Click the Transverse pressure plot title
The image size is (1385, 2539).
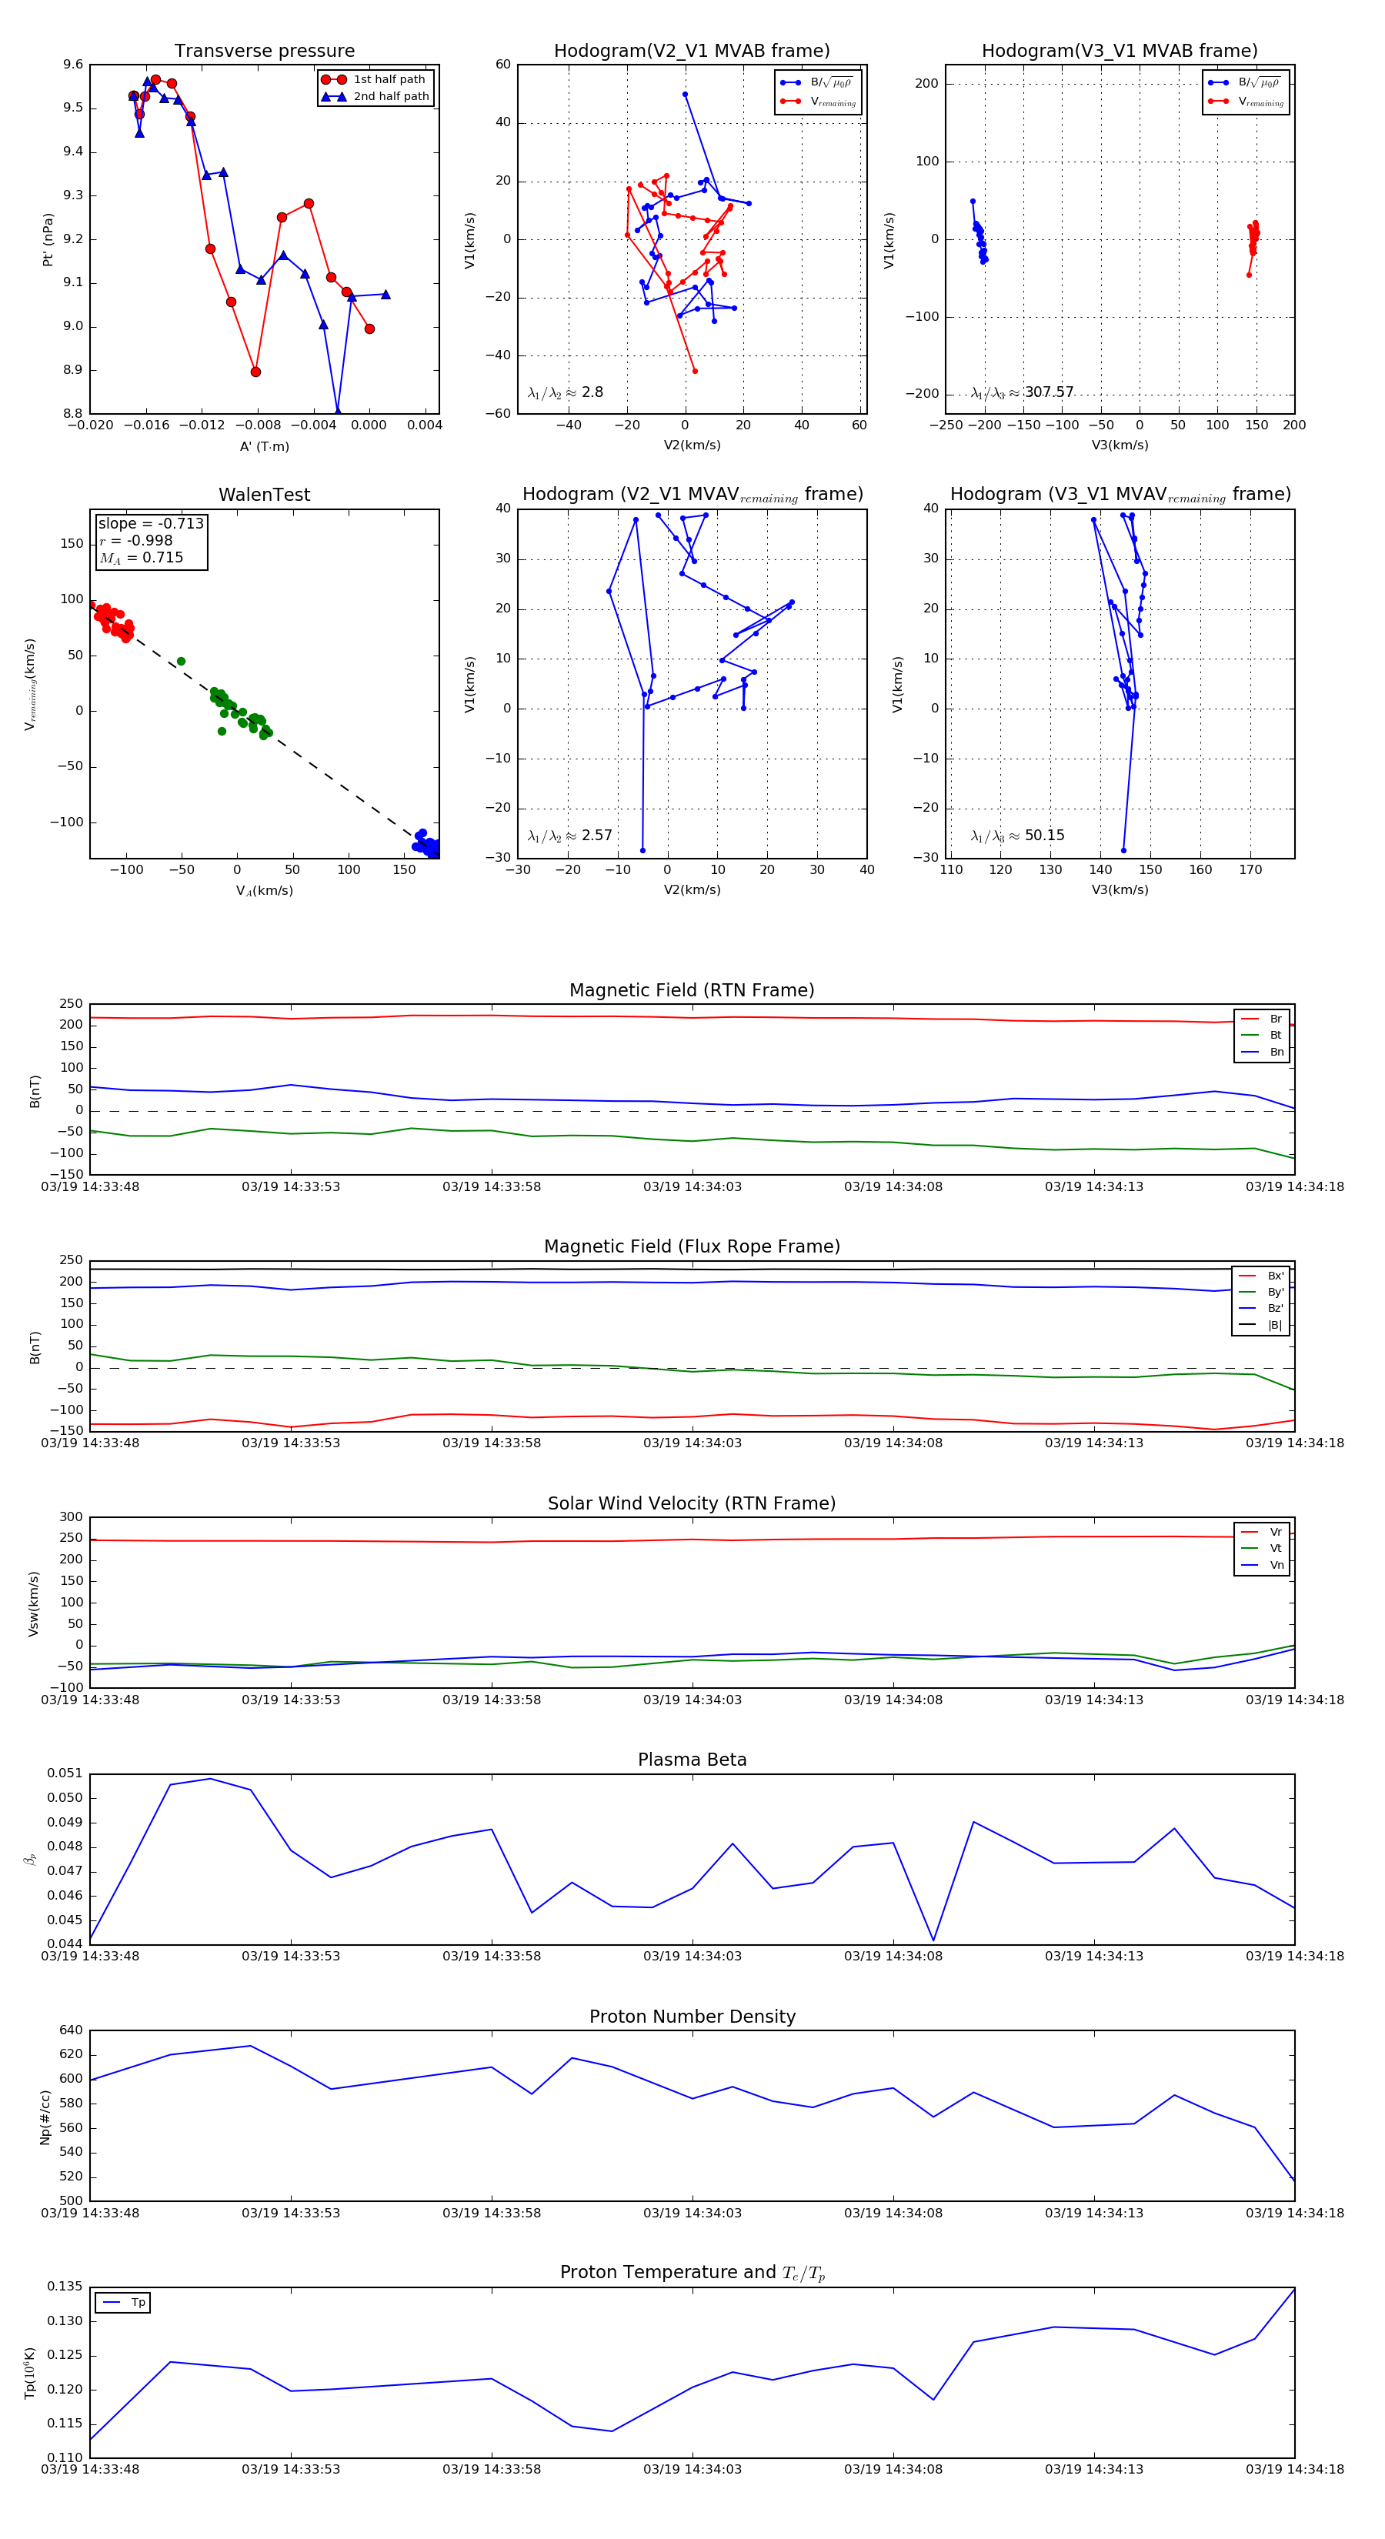(x=264, y=52)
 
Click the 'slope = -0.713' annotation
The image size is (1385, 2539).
(x=151, y=523)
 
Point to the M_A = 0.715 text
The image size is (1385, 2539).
(x=141, y=558)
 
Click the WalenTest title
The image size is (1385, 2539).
(x=264, y=495)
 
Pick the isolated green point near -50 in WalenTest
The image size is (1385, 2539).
(x=180, y=662)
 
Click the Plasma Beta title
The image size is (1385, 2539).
(x=692, y=1760)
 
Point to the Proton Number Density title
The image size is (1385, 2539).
(x=692, y=2017)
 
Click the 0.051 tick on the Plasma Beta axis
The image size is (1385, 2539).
(x=65, y=1773)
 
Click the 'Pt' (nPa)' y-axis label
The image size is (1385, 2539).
(x=47, y=239)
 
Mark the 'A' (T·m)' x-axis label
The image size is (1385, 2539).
(x=264, y=446)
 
